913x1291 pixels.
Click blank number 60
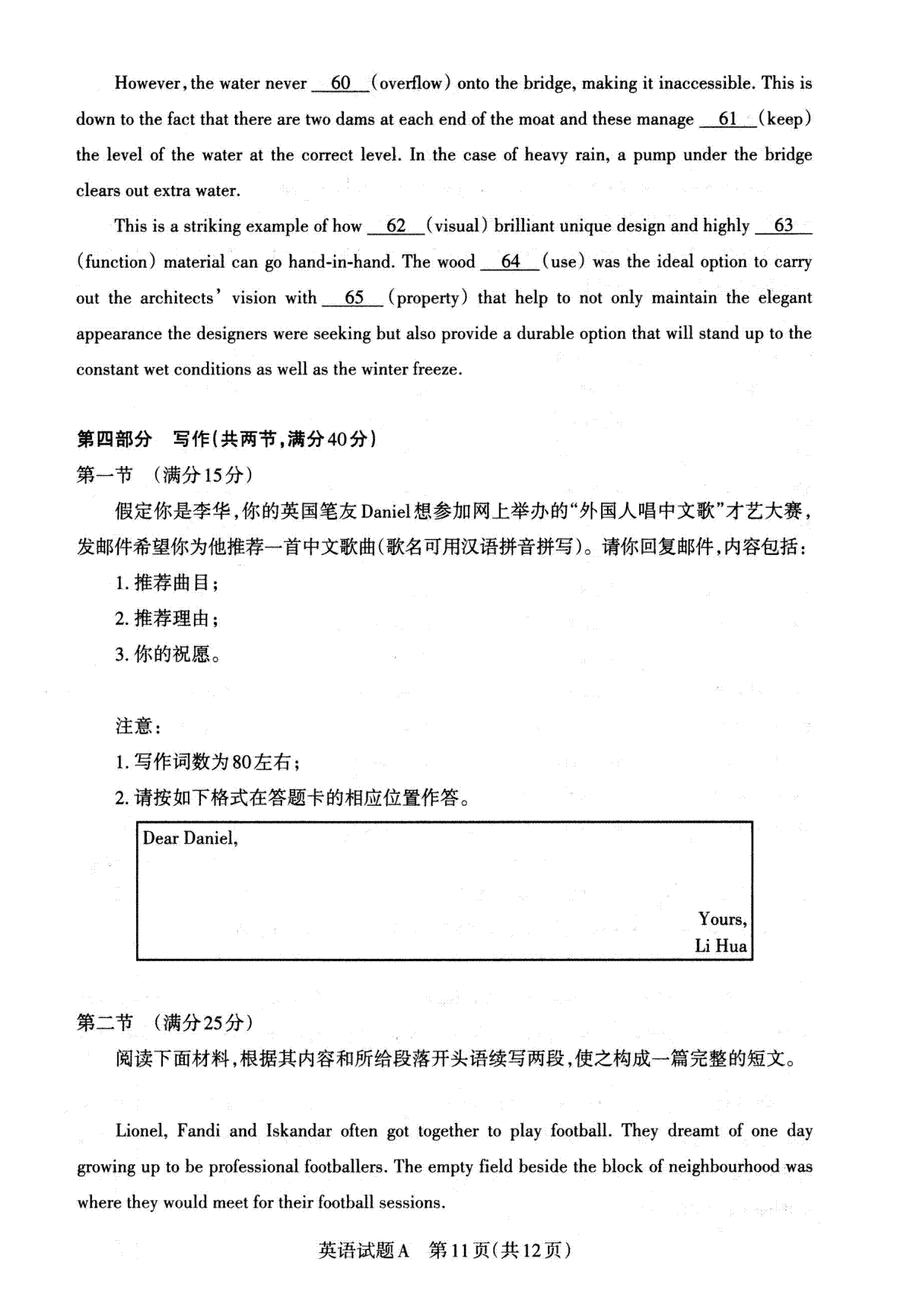341,84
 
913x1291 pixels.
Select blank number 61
728,119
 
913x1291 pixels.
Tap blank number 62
396,227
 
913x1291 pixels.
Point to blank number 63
783,227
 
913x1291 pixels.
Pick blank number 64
510,262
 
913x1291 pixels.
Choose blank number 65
354,298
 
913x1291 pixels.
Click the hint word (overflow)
411,84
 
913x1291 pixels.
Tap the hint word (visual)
457,227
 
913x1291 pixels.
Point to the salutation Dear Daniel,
190,839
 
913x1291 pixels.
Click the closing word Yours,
722,919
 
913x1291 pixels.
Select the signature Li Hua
721,947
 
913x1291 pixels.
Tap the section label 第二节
105,1023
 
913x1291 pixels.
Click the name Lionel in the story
141,1131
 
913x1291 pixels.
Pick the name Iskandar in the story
298,1131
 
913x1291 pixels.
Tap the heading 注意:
138,726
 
